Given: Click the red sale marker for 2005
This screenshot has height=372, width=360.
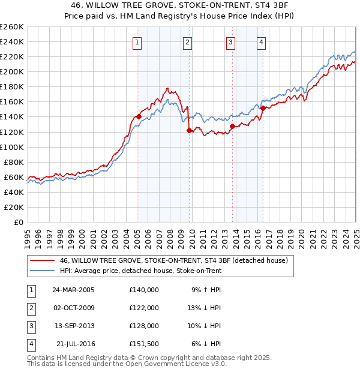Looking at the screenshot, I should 139,116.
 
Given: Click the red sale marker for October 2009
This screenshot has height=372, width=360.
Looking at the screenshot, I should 189,130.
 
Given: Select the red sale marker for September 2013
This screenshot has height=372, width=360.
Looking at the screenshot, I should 232,125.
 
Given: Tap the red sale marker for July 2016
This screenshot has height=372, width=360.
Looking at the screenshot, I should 263,108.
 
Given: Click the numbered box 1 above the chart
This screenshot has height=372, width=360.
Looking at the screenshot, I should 138,42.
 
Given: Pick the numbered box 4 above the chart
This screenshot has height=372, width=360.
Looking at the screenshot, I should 262,42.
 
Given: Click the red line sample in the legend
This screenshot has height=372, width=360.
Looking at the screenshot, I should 43,260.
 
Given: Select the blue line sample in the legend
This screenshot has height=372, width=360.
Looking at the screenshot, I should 43,271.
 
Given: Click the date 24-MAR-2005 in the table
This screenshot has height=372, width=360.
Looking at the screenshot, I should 73,289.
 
